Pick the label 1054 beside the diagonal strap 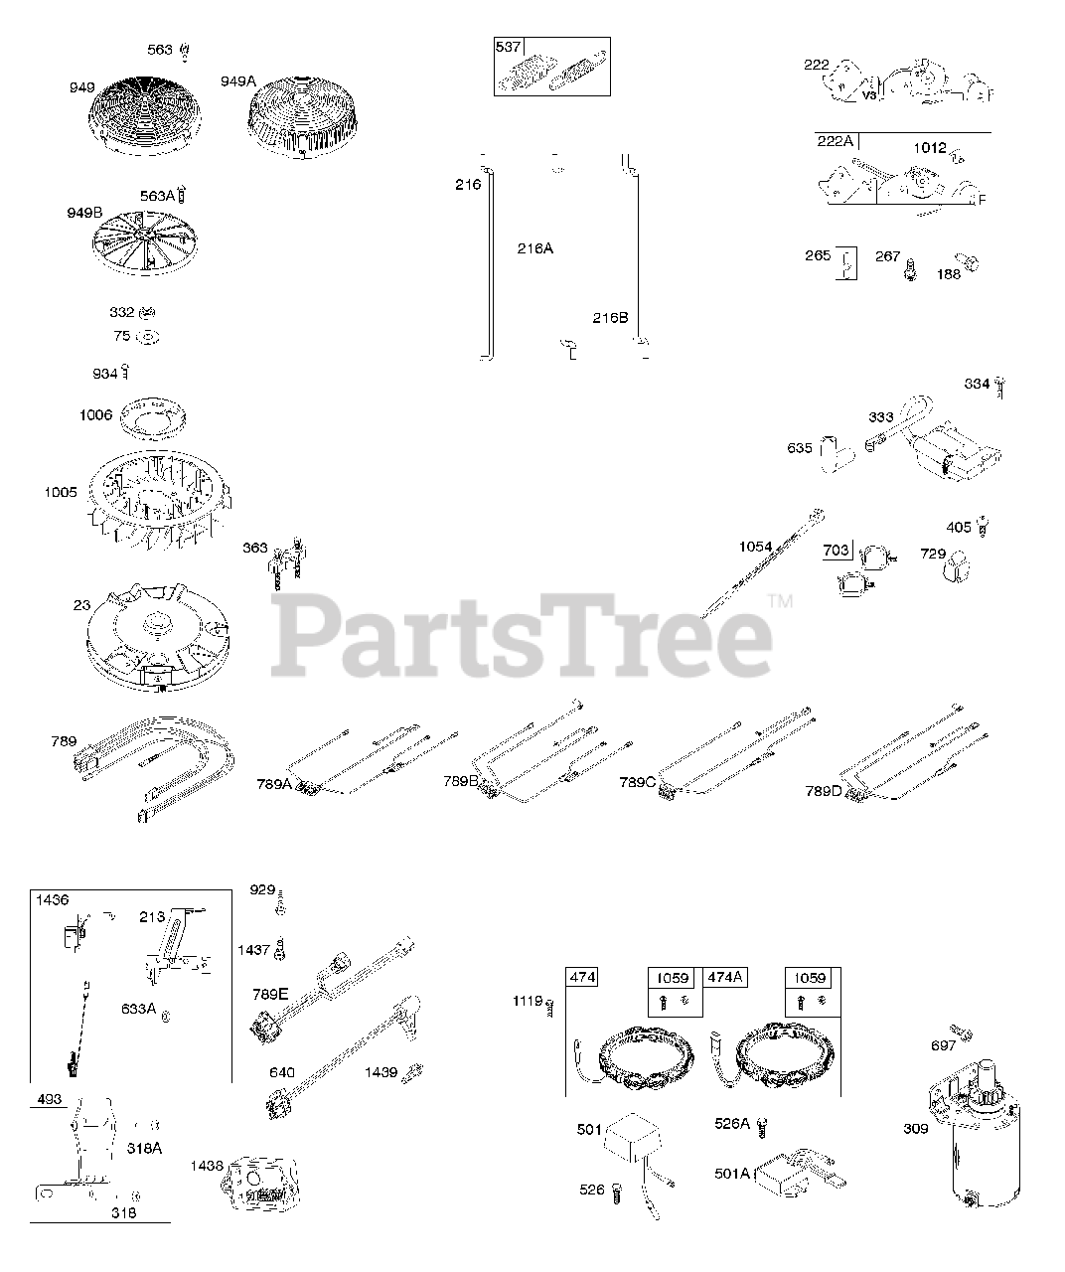[756, 548]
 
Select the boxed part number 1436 [53, 900]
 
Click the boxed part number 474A [725, 977]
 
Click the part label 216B [610, 318]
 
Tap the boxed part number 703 [837, 550]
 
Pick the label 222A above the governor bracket [836, 141]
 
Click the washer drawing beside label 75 [147, 337]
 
